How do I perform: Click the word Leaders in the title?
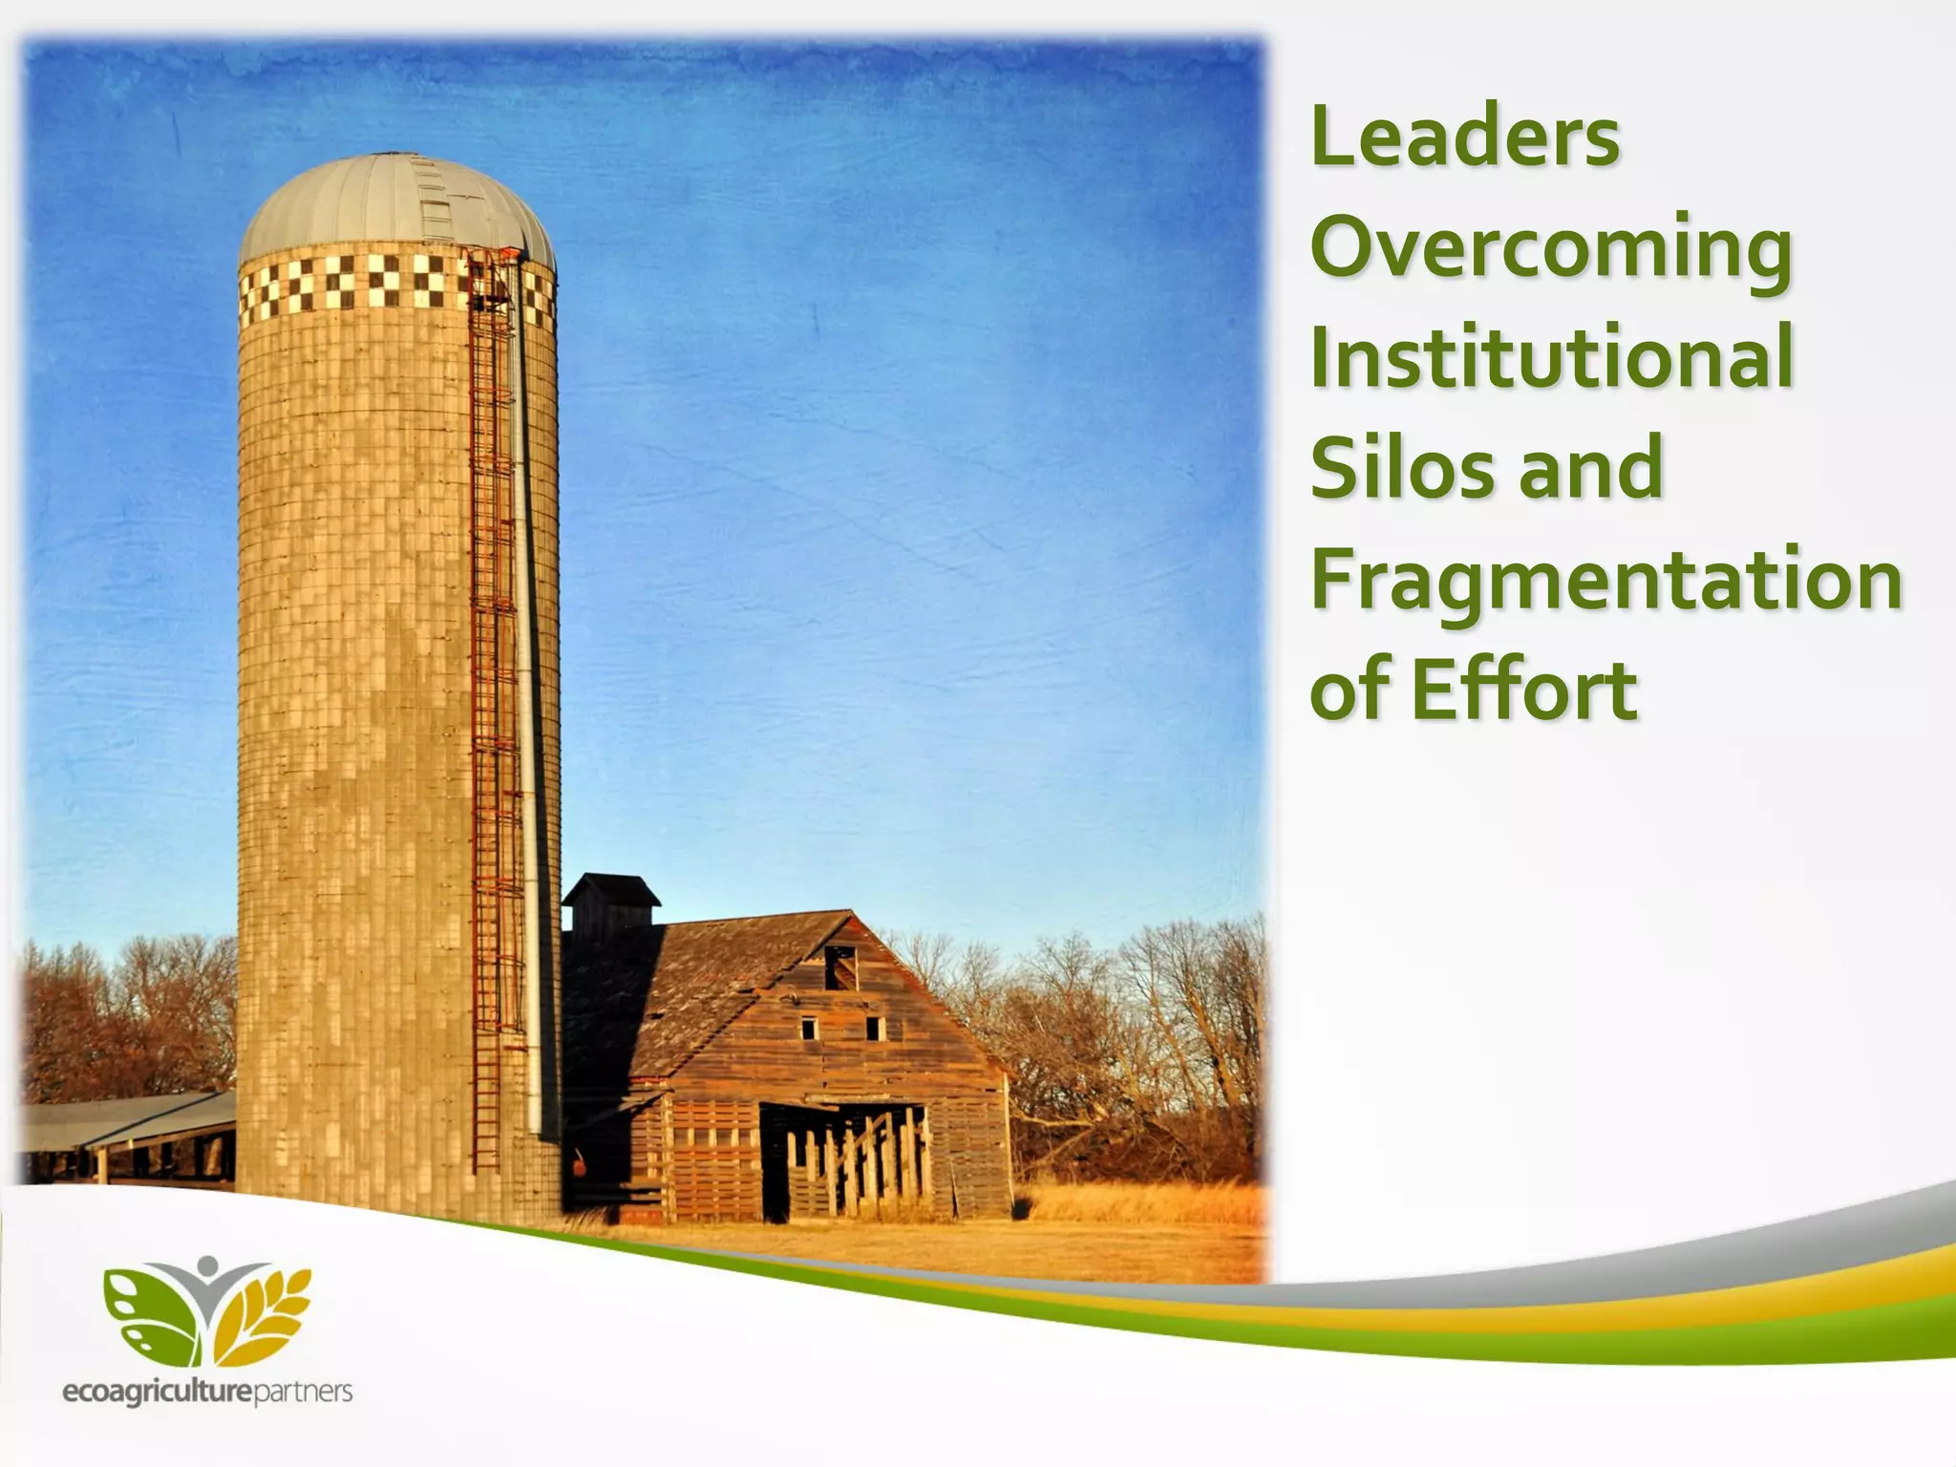(x=1465, y=138)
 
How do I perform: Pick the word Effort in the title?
(x=1524, y=690)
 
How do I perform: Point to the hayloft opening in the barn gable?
(x=840, y=967)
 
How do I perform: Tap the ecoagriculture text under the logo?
(x=158, y=1393)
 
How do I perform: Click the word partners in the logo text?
(x=304, y=1393)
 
